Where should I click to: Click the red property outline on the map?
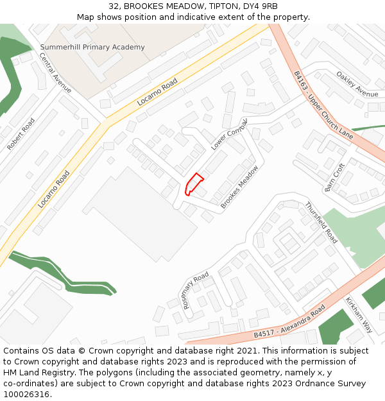(194, 183)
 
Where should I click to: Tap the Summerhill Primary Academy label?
(92, 47)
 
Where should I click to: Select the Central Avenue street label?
(56, 73)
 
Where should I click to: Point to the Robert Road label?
(21, 134)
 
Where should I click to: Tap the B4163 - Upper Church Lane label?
(323, 105)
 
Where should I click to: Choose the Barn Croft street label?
(335, 177)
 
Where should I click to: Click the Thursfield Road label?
(321, 223)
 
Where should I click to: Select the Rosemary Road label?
(196, 290)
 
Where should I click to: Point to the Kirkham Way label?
(359, 314)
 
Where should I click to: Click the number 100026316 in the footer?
(27, 394)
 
